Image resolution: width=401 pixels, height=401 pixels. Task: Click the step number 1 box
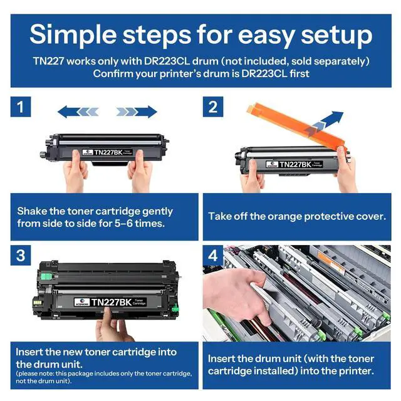21,107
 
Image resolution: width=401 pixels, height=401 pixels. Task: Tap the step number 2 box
213,107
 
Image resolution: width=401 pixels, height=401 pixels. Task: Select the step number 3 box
21,255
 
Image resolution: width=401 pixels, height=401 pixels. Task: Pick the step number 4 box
213,255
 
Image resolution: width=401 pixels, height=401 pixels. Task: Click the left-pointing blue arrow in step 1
78,112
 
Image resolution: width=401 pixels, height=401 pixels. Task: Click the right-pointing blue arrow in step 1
137,112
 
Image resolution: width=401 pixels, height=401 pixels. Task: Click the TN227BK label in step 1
107,152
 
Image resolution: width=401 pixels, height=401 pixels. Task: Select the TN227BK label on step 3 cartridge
110,302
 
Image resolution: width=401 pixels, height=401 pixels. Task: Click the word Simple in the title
73,35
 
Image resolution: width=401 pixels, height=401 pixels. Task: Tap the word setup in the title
336,35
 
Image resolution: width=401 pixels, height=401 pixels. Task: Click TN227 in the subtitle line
48,61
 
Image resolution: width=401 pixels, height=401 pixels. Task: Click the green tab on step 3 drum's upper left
46,276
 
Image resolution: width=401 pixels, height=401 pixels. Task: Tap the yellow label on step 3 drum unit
38,302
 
